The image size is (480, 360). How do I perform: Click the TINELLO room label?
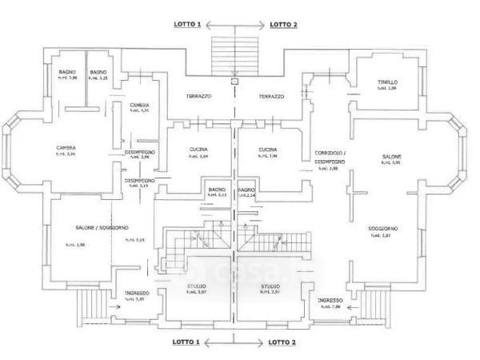coord(387,82)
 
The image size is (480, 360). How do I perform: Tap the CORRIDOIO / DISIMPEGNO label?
coord(325,155)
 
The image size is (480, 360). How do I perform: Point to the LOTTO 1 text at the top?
coord(188,25)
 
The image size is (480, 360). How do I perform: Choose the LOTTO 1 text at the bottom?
coord(188,342)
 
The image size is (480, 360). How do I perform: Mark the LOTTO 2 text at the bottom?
coord(282,342)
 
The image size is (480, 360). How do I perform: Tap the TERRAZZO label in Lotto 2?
coord(271,97)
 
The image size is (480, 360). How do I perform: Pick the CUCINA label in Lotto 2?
coord(268,150)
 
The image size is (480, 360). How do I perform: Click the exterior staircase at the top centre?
coord(234,54)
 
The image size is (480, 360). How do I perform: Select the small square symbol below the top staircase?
coord(234,80)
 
